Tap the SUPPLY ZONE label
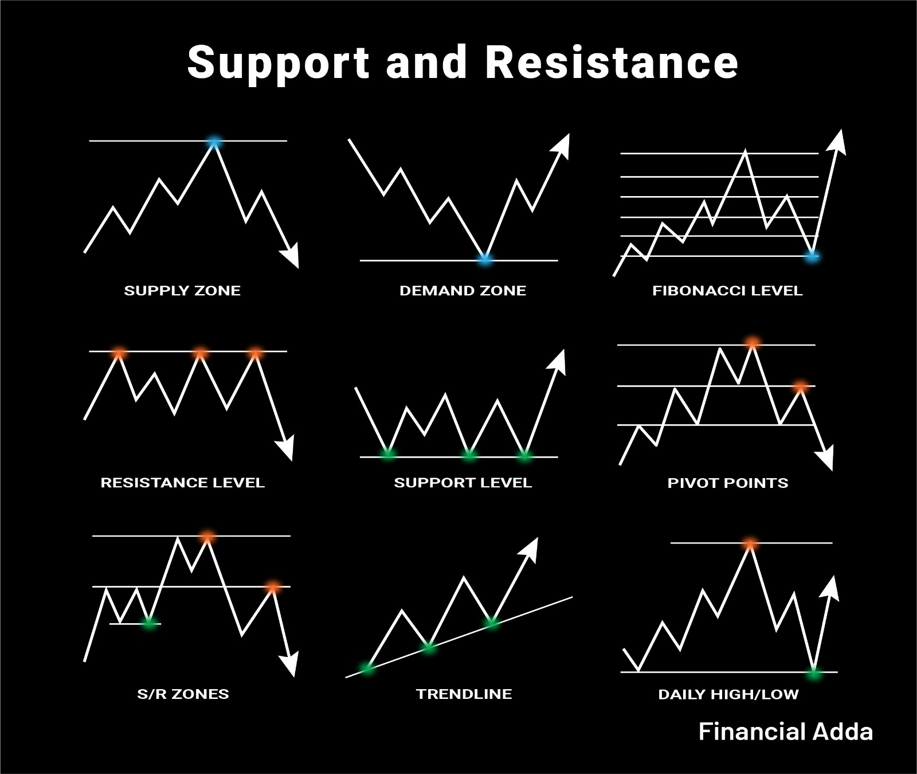tap(182, 291)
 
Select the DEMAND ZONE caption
tap(463, 291)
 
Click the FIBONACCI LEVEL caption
tap(727, 291)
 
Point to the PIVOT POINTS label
tap(728, 483)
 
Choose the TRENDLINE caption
tap(464, 694)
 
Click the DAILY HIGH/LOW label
tap(728, 694)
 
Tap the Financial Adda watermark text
tap(786, 732)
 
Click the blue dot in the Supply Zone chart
tap(214, 142)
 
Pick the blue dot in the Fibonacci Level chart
tap(812, 256)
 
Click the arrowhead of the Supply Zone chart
tap(291, 256)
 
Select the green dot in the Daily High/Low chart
tap(814, 673)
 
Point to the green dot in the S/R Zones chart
tap(150, 622)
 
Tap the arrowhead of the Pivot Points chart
tap(825, 459)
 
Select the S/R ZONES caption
tap(183, 694)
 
